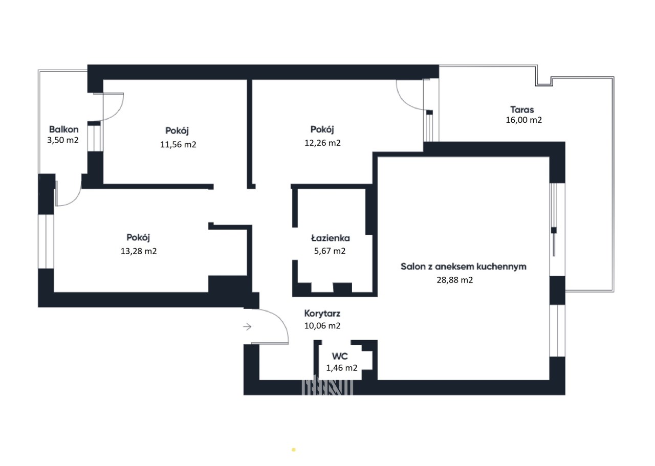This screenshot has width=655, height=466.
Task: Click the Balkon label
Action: (x=64, y=129)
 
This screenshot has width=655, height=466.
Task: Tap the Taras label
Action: (x=522, y=109)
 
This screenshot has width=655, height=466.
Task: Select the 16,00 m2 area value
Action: (x=523, y=120)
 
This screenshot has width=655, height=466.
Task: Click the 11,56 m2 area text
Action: (x=178, y=144)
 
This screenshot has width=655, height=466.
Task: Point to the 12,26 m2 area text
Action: (x=322, y=143)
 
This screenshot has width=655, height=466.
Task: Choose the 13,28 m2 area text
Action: (x=139, y=251)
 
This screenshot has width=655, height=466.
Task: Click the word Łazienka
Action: (x=331, y=238)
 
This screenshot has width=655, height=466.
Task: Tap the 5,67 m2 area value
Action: (x=330, y=251)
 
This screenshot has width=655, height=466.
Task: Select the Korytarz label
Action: (x=322, y=314)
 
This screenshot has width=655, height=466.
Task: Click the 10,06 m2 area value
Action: (x=322, y=326)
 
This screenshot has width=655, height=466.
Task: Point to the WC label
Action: (x=340, y=356)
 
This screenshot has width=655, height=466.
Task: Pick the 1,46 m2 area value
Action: (x=341, y=368)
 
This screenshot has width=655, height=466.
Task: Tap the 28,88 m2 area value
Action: (x=455, y=280)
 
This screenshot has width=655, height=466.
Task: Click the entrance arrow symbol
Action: (x=247, y=326)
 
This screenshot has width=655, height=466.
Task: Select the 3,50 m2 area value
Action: (x=63, y=140)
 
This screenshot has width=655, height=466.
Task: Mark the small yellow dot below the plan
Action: (x=294, y=450)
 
